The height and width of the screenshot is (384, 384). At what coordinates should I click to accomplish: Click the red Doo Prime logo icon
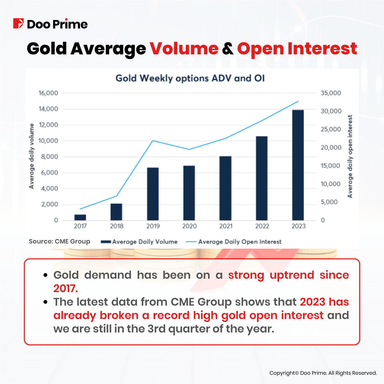[18, 24]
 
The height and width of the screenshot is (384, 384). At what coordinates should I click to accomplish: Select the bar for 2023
[298, 165]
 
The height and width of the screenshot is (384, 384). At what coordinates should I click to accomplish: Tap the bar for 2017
[80, 217]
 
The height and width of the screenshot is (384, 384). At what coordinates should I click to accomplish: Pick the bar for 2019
[153, 194]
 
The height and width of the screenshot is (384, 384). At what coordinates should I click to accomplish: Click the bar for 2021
[226, 188]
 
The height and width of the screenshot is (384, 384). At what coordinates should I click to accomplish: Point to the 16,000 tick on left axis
[48, 93]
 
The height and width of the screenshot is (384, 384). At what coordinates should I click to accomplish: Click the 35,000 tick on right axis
[331, 93]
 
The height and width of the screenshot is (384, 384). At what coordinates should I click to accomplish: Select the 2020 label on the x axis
[189, 226]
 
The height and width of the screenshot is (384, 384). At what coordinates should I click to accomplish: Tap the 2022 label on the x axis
[262, 226]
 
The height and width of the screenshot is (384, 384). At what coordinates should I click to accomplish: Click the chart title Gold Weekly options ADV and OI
[190, 78]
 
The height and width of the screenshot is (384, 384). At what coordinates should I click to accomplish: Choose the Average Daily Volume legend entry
[139, 242]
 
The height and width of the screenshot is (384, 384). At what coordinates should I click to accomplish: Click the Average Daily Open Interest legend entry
[234, 242]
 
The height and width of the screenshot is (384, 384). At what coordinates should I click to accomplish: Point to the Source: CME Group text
[60, 242]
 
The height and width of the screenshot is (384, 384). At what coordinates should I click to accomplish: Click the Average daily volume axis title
[31, 156]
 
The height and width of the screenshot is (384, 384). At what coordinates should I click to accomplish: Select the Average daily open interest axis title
[350, 156]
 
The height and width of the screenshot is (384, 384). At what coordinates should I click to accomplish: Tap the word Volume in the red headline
[184, 49]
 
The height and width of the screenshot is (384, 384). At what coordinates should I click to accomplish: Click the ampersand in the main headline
[228, 49]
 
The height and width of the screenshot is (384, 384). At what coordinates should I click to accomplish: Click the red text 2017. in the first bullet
[66, 288]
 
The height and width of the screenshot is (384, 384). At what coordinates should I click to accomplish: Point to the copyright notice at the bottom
[323, 373]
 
